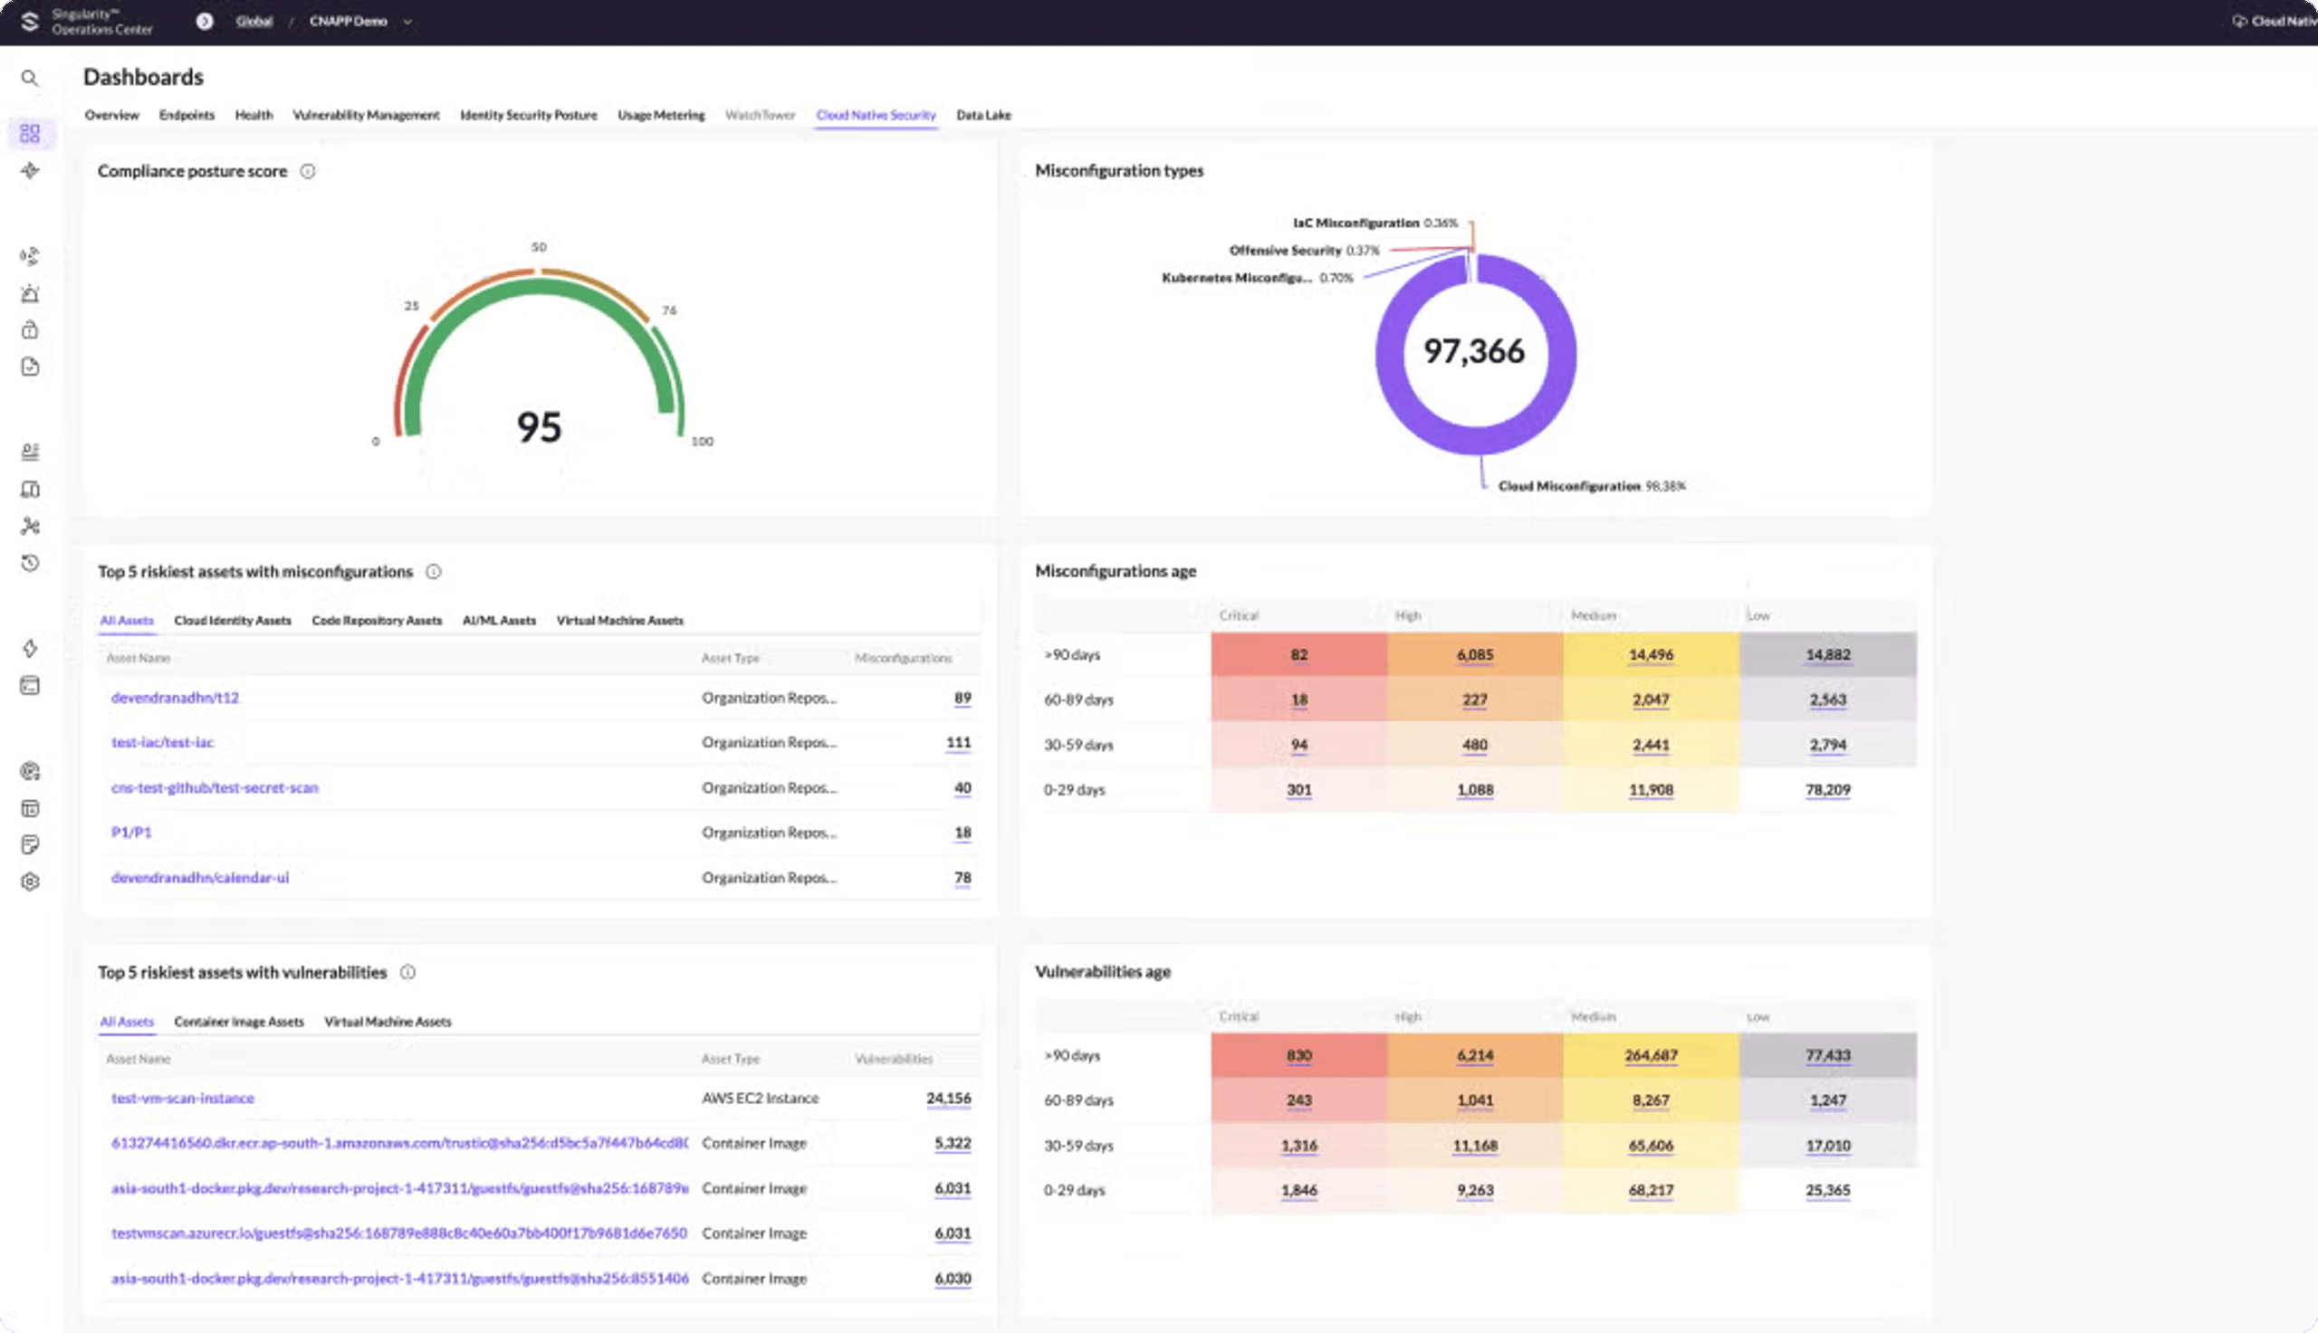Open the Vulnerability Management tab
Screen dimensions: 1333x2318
[x=366, y=115]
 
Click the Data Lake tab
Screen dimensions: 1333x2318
[x=982, y=115]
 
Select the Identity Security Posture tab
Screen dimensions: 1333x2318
[x=528, y=115]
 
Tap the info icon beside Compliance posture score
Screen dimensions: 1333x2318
[x=308, y=171]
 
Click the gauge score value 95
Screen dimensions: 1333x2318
[x=539, y=426]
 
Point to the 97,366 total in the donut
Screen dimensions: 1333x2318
[x=1473, y=350]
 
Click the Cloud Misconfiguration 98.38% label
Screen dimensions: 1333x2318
[x=1591, y=486]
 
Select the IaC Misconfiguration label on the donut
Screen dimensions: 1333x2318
[x=1355, y=223]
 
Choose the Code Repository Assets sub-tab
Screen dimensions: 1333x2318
[x=377, y=621]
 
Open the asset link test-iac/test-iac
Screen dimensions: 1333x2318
[x=162, y=742]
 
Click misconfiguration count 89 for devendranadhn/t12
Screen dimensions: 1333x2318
[x=962, y=698]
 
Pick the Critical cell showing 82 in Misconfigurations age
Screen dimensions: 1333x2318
[x=1298, y=654]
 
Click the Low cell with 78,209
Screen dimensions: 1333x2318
[x=1827, y=789]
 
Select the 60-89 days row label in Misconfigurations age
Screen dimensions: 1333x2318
[x=1078, y=700]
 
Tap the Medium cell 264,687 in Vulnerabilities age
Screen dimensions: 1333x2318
[x=1651, y=1055]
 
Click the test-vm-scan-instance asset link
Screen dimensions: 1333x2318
[x=182, y=1098]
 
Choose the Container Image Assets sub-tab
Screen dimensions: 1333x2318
[x=238, y=1022]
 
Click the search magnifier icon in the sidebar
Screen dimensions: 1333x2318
[x=30, y=79]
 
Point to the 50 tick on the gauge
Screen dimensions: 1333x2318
[x=539, y=247]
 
